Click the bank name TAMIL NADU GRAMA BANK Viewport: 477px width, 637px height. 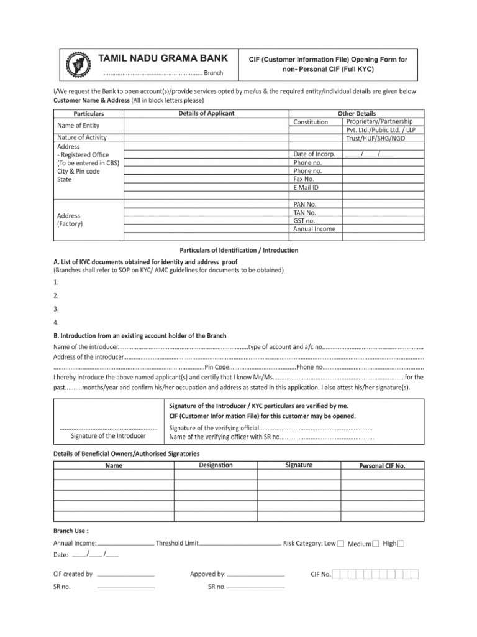[x=163, y=58]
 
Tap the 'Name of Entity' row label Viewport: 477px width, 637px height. [x=78, y=126]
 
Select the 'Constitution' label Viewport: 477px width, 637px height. [x=311, y=122]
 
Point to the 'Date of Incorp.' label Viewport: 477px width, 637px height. [x=314, y=154]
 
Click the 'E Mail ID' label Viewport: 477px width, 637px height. [x=306, y=187]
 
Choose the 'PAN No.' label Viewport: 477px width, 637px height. [x=305, y=204]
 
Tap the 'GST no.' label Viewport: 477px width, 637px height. [x=304, y=220]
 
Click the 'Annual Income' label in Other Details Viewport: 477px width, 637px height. [x=314, y=229]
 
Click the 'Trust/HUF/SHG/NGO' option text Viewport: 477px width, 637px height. [x=379, y=139]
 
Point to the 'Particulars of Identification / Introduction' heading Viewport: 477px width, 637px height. [x=238, y=250]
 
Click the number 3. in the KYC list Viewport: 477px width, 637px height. [x=57, y=309]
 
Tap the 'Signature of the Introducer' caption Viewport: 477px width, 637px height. [x=109, y=435]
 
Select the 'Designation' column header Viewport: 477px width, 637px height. [x=216, y=465]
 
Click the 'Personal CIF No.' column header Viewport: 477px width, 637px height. [x=382, y=466]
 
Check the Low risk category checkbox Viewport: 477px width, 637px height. [x=341, y=544]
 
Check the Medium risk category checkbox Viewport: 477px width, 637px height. [x=376, y=544]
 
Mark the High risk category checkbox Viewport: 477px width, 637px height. [x=401, y=544]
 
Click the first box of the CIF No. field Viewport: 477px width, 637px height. [x=337, y=574]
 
